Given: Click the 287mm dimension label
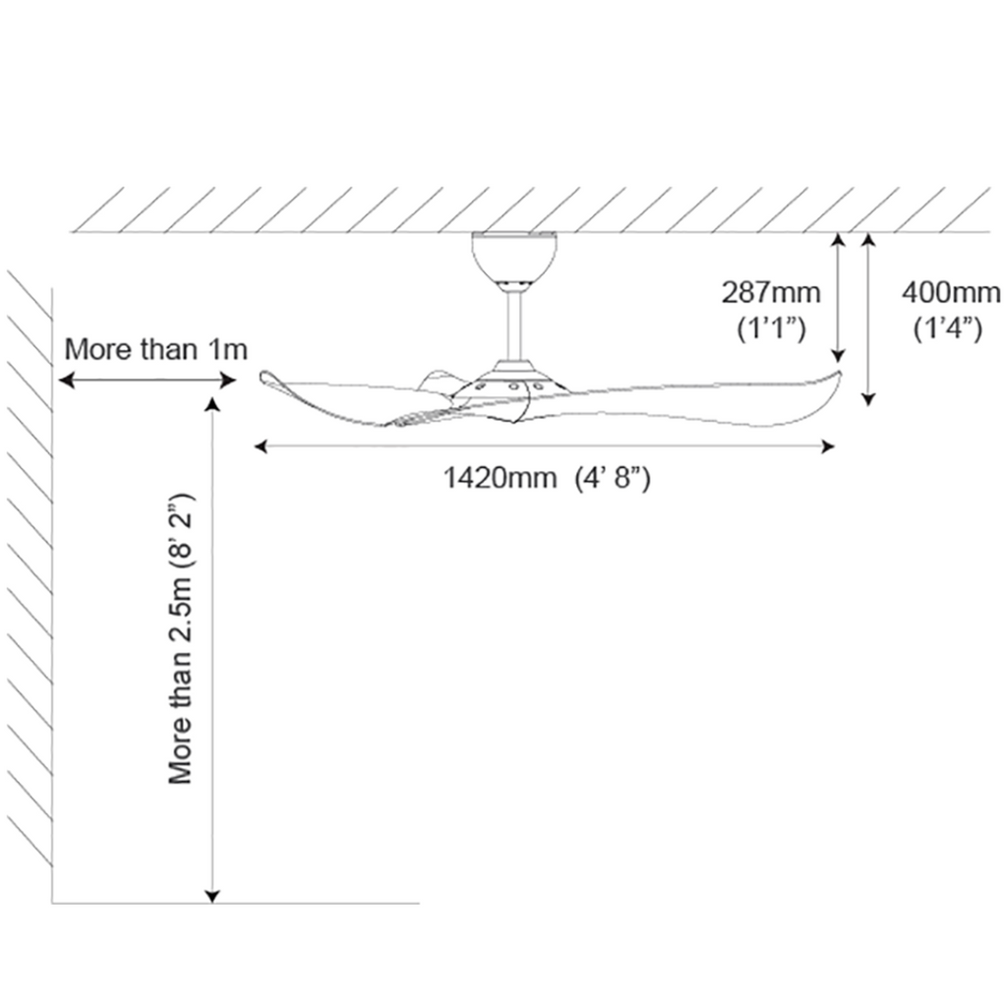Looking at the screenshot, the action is [771, 293].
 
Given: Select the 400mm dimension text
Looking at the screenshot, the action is [951, 293].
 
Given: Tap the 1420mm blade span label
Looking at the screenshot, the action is [501, 478].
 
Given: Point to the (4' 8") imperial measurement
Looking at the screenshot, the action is [613, 478].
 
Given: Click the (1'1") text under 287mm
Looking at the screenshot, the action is [771, 328].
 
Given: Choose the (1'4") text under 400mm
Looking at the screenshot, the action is [948, 328].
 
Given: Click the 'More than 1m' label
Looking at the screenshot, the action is [156, 349].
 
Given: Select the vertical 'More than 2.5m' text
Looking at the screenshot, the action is [181, 638].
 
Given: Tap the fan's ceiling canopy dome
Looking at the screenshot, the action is [514, 260].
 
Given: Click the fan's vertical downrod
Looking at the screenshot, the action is [513, 326].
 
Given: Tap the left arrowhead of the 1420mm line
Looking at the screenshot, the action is [261, 446].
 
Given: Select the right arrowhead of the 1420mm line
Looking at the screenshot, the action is [828, 446].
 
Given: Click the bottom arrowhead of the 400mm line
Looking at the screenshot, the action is [868, 399].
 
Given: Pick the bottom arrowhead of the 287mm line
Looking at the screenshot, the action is [838, 355].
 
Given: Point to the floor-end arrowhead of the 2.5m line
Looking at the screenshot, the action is [212, 896].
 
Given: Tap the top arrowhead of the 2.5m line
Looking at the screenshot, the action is [212, 404].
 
